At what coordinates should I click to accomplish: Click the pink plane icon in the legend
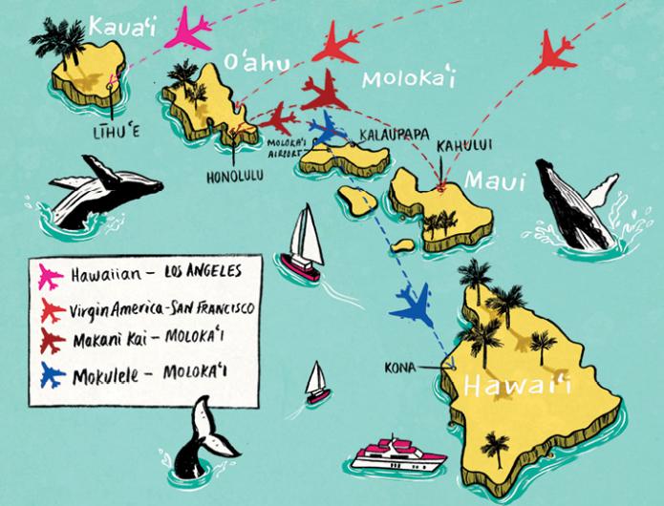[x=52, y=278]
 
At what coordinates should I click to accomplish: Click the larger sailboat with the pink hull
[x=303, y=249]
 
